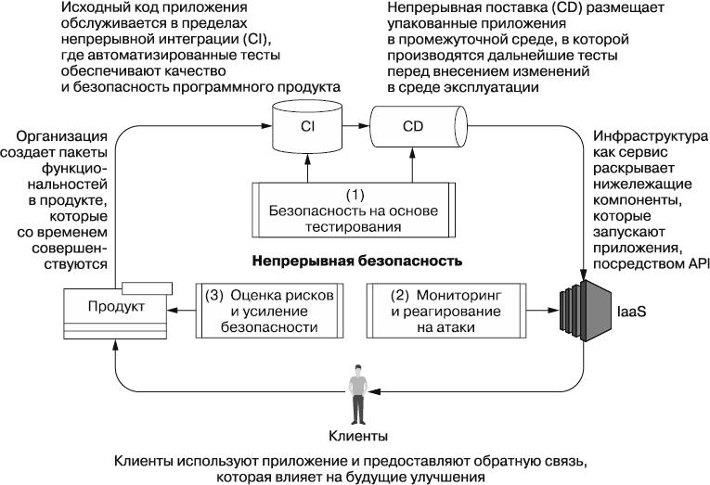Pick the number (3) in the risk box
213,294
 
